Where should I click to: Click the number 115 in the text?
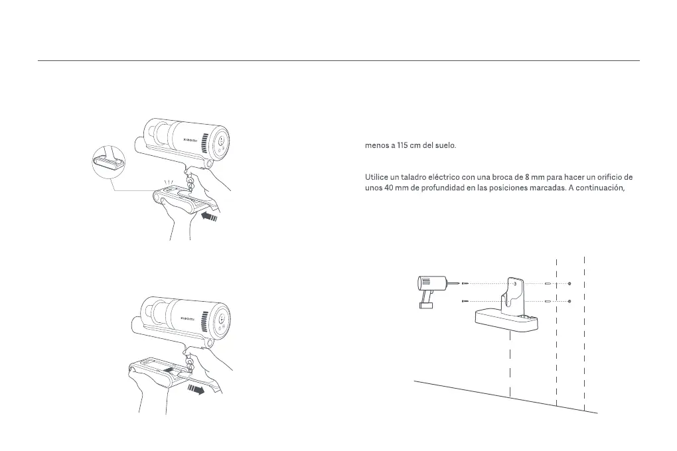[404, 146]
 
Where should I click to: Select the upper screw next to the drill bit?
[464, 284]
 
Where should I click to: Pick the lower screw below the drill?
[464, 302]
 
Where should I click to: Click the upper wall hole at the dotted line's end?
[569, 284]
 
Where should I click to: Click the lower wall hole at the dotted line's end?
[569, 302]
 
